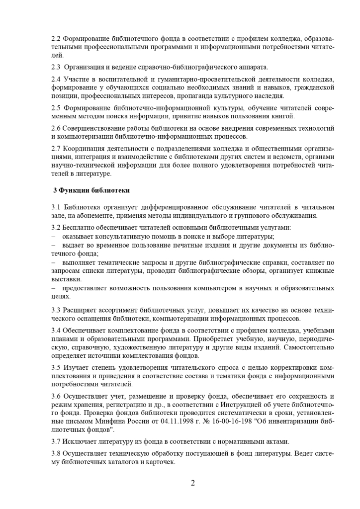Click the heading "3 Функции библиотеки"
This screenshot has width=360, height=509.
[92, 190]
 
